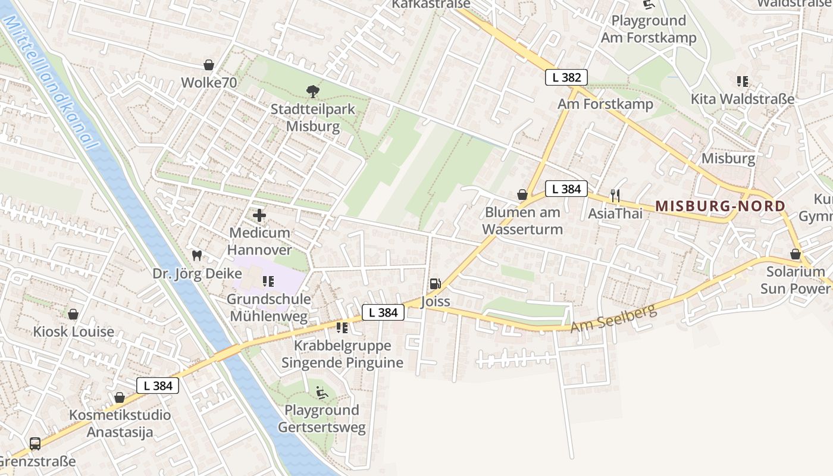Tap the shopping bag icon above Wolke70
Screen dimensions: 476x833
click(209, 65)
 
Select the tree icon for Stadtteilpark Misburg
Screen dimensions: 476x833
click(312, 92)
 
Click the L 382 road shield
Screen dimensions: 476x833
click(566, 77)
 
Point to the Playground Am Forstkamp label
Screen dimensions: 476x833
click(649, 29)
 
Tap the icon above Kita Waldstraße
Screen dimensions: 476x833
click(742, 82)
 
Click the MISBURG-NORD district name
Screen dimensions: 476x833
click(720, 206)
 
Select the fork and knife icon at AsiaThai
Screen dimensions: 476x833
click(615, 195)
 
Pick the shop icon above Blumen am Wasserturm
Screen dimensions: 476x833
click(522, 195)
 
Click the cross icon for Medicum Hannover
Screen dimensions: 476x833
click(259, 215)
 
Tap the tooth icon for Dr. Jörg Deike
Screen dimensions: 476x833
click(197, 256)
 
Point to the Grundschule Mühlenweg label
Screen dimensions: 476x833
click(268, 307)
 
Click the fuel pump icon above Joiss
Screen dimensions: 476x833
click(435, 284)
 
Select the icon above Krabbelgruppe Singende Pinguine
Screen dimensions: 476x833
click(342, 328)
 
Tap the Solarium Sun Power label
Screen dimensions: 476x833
click(795, 280)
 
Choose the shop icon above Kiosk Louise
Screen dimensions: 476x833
click(73, 314)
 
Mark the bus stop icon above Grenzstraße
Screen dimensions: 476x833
click(35, 443)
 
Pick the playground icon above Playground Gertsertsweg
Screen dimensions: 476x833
click(321, 392)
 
